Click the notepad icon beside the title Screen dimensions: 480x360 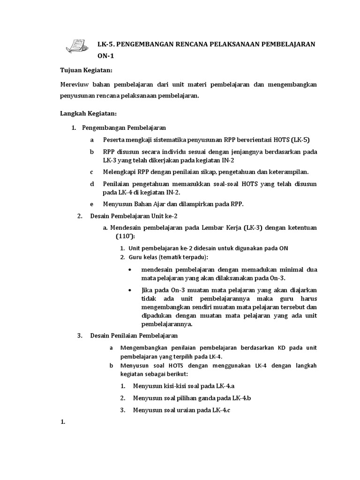point(77,45)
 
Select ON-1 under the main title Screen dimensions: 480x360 point(105,56)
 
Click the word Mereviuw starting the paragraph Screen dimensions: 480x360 point(75,85)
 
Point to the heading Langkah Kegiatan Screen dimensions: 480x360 point(89,113)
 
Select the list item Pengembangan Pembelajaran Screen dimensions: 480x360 point(124,127)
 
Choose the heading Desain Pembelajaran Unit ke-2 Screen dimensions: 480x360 point(134,216)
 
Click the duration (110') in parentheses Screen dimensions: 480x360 point(122,236)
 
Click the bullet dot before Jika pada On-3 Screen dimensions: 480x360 point(129,291)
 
